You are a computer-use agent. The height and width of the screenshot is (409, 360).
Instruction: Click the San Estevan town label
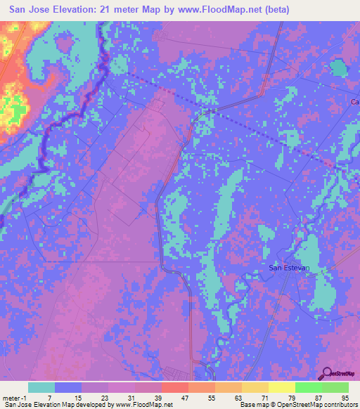(x=290, y=268)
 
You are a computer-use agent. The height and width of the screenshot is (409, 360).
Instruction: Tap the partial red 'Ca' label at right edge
(x=355, y=103)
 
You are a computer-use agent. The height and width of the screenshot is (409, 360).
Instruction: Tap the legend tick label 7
(x=49, y=398)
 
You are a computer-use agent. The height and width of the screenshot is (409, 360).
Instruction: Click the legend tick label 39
(x=157, y=398)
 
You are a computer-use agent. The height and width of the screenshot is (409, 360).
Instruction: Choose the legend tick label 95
(x=344, y=398)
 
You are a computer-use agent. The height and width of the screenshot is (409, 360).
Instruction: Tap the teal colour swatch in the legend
(x=41, y=387)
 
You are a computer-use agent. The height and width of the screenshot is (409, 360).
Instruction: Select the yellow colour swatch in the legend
(x=281, y=387)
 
